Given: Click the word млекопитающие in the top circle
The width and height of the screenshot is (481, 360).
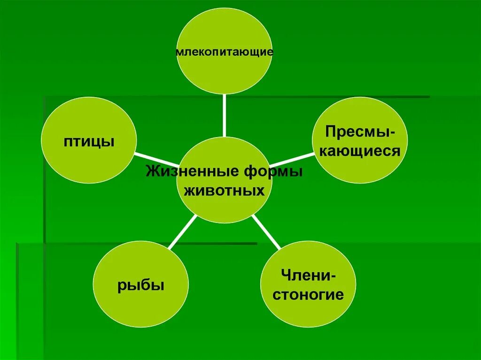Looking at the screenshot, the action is click(224, 51).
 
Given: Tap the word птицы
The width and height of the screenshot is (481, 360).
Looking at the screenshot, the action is click(89, 141).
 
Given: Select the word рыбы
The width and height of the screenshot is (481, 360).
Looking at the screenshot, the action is click(141, 285).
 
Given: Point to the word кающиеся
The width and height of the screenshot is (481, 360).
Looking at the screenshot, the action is click(360, 151).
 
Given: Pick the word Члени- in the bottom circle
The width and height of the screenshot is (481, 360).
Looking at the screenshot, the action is click(308, 275).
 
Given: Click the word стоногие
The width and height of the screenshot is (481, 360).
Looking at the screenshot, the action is click(308, 295).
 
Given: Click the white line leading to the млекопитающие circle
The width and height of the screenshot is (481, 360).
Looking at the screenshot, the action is click(224, 115).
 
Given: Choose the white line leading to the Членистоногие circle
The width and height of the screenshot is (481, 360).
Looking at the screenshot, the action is click(266, 232).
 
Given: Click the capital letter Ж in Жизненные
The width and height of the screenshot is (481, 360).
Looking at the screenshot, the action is click(151, 171).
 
